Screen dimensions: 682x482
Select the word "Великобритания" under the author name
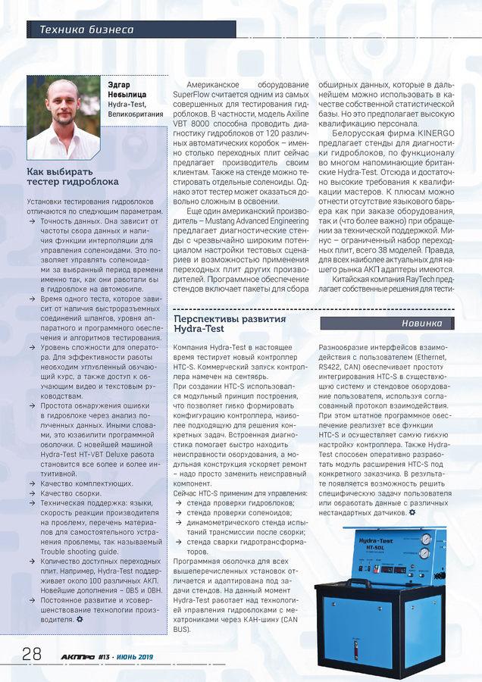coord(135,114)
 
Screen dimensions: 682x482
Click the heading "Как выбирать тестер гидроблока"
coord(73,177)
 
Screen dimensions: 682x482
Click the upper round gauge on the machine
coord(424,540)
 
